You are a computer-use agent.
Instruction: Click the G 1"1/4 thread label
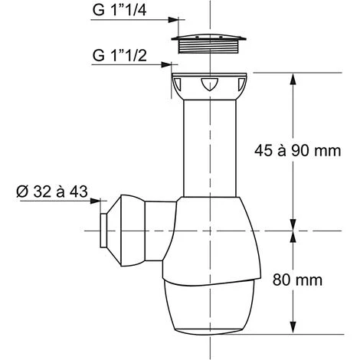pos(119,10)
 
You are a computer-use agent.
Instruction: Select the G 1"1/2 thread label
pos(119,55)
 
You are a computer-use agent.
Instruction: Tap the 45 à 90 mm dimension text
pos(298,150)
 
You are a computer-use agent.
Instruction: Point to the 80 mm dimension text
pos(297,280)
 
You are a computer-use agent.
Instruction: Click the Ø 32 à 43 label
pos(52,191)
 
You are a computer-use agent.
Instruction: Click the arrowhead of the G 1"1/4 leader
pos(173,20)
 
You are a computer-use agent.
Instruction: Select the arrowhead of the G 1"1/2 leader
pos(166,64)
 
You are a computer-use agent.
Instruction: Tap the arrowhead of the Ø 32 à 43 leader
pos(96,201)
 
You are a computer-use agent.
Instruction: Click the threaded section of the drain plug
pos(209,47)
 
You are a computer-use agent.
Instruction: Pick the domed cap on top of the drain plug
pos(209,38)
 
